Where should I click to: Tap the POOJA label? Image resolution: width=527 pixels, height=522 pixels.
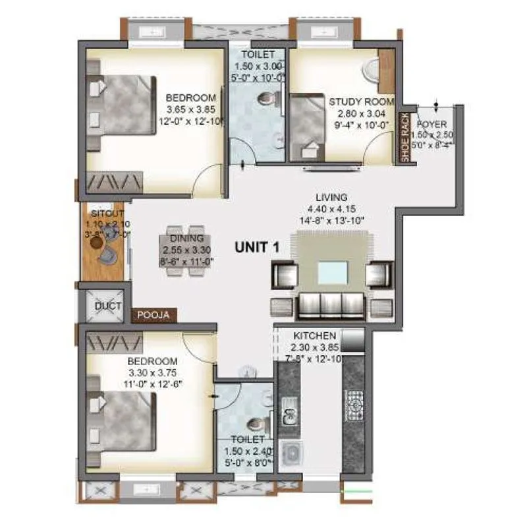153,316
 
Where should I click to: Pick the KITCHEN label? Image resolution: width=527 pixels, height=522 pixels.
315,335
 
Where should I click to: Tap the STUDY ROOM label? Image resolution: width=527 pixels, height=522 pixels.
362,101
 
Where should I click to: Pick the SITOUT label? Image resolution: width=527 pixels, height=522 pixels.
103,215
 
